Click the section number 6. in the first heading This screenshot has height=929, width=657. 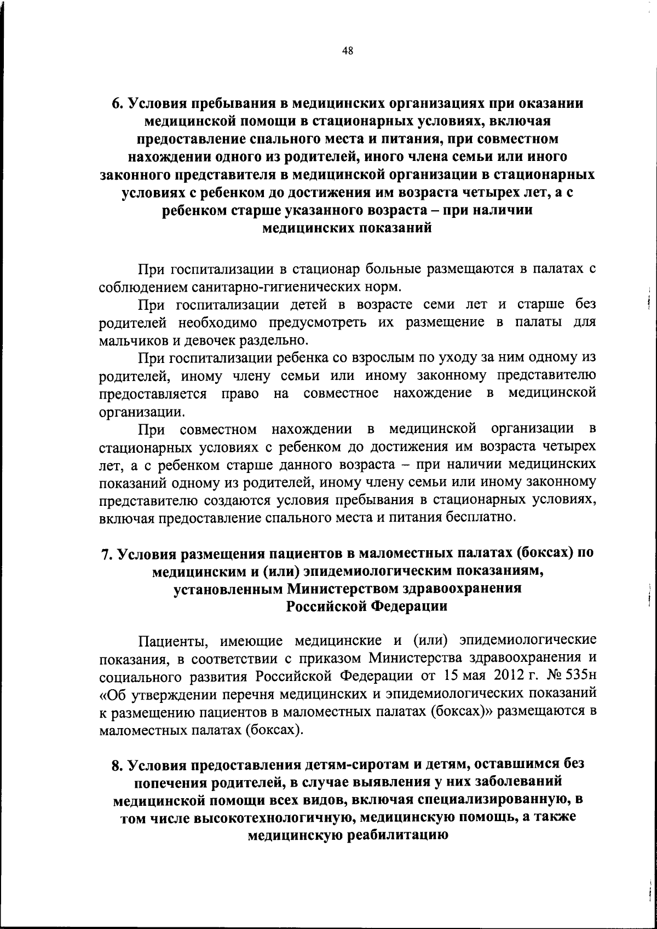pyautogui.click(x=118, y=104)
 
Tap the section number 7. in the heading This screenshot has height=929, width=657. pyautogui.click(x=107, y=553)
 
